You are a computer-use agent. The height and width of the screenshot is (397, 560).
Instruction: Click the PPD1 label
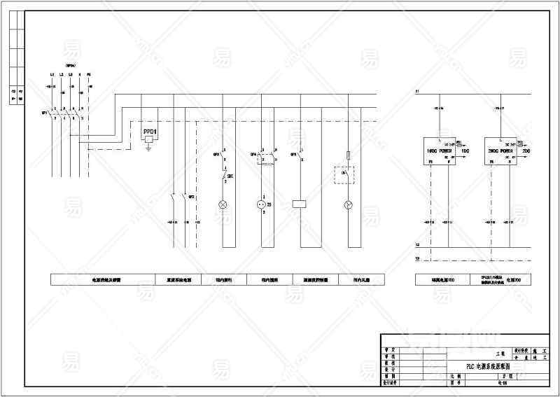pos(149,132)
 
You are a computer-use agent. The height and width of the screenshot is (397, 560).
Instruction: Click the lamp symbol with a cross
pos(223,205)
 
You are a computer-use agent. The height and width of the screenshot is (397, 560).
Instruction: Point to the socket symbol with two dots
pos(262,205)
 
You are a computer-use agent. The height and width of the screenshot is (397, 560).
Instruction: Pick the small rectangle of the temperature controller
pos(300,204)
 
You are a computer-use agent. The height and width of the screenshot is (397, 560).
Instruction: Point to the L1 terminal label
pos(52,75)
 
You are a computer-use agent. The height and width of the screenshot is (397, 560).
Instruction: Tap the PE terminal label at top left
pos(89,75)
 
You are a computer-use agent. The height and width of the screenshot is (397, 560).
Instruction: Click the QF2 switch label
pos(191,197)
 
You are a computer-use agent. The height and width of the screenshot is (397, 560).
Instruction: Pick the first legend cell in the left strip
pos(103,280)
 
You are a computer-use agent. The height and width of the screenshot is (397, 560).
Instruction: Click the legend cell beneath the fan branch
pos(358,280)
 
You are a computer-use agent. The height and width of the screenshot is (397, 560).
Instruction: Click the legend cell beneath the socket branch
pos(260,280)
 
